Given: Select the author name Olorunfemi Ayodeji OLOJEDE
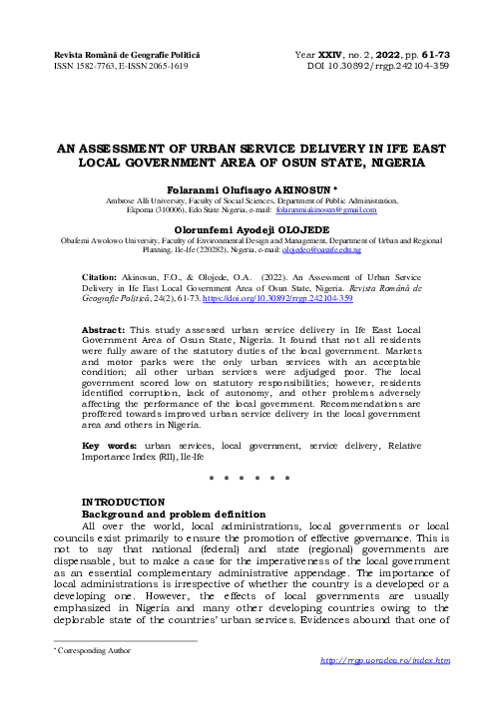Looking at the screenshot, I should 249,227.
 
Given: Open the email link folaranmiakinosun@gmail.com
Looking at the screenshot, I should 325,210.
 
